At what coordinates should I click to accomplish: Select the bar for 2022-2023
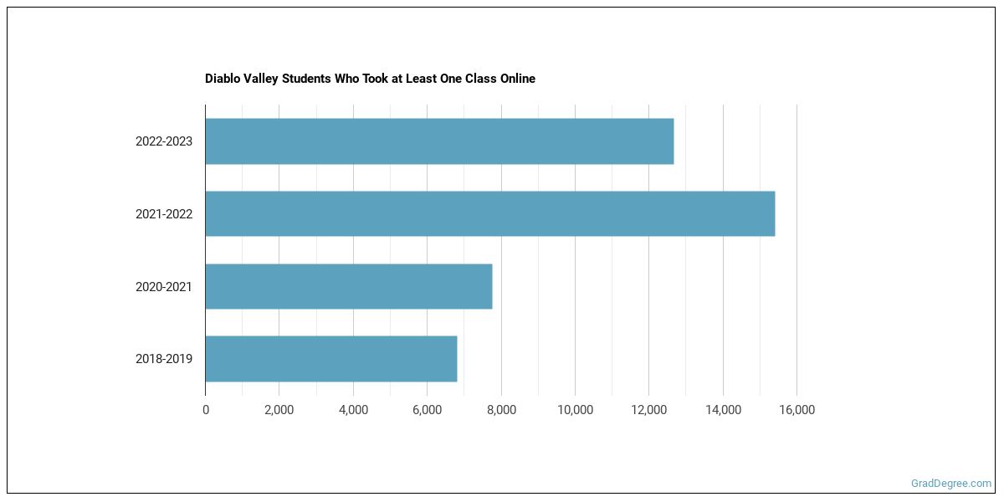pyautogui.click(x=439, y=141)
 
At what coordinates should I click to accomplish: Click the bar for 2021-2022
pyautogui.click(x=489, y=214)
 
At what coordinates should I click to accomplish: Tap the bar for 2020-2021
pyautogui.click(x=348, y=287)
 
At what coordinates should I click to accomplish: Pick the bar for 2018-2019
pyautogui.click(x=330, y=359)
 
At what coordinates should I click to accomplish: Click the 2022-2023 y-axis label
pyautogui.click(x=164, y=141)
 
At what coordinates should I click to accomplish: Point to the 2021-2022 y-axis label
pyautogui.click(x=164, y=214)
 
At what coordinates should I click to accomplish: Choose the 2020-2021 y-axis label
pyautogui.click(x=164, y=287)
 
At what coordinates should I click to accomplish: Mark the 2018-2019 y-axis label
pyautogui.click(x=164, y=359)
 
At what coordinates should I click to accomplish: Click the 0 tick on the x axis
pyautogui.click(x=206, y=410)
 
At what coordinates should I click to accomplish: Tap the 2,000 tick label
pyautogui.click(x=279, y=410)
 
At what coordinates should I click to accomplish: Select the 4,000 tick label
pyautogui.click(x=353, y=410)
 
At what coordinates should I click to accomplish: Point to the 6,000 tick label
pyautogui.click(x=427, y=410)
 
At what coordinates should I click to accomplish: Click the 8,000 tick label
pyautogui.click(x=501, y=410)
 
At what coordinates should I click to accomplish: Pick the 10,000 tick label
pyautogui.click(x=575, y=410)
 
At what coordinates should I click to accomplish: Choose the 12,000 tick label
pyautogui.click(x=648, y=410)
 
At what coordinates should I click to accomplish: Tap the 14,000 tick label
pyautogui.click(x=723, y=410)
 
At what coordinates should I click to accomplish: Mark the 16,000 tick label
pyautogui.click(x=797, y=410)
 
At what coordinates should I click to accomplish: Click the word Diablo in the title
pyautogui.click(x=222, y=79)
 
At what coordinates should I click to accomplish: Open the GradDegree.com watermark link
pyautogui.click(x=951, y=484)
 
